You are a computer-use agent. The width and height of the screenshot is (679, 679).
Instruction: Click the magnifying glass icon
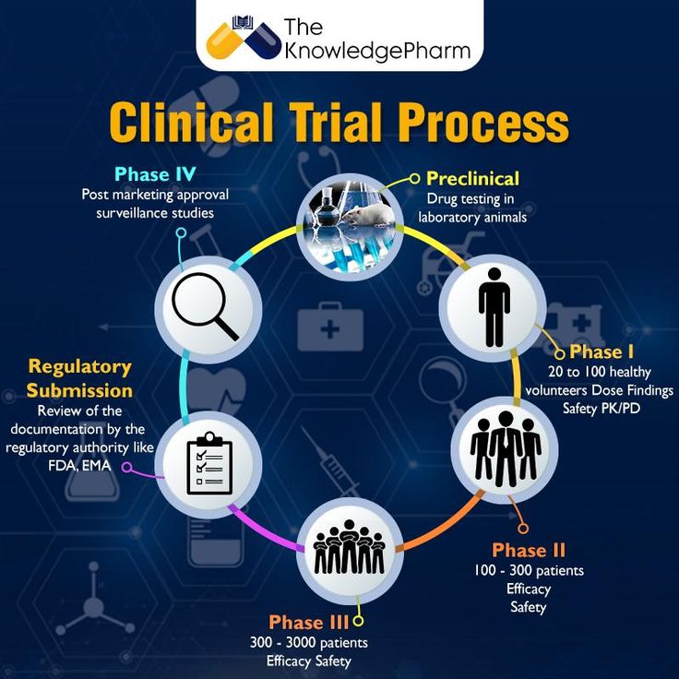(208, 307)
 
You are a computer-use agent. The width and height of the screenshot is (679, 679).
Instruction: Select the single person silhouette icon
(494, 307)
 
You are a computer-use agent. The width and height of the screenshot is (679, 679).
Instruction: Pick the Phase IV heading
(154, 174)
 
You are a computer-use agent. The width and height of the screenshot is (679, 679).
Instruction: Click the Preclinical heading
(472, 178)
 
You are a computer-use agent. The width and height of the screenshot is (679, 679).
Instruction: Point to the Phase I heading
(602, 351)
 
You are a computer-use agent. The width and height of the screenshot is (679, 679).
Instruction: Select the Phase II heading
(528, 551)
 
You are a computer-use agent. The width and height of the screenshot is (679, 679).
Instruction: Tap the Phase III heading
(309, 622)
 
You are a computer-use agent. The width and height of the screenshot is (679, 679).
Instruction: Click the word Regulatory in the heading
(79, 367)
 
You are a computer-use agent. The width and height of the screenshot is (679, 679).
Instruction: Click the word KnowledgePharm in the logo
(377, 51)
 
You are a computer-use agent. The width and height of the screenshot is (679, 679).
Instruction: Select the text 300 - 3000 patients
(309, 642)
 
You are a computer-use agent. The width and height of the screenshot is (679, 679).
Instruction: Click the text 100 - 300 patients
(529, 570)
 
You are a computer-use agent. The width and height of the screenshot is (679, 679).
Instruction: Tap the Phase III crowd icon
(350, 548)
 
